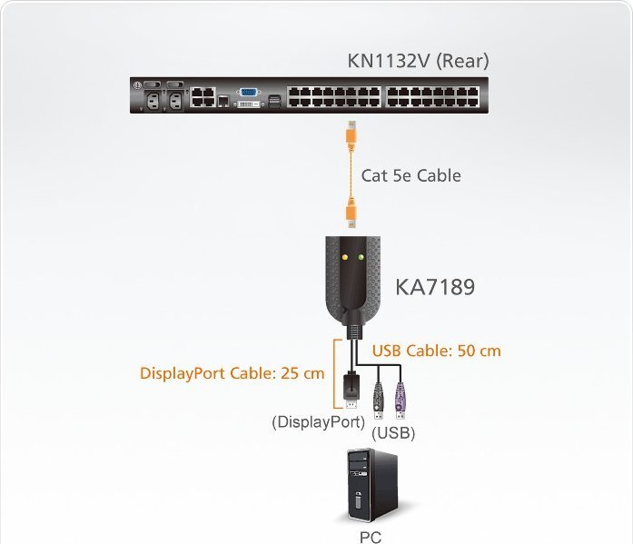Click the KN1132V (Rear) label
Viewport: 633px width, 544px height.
click(418, 61)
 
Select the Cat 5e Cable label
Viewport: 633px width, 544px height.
click(410, 175)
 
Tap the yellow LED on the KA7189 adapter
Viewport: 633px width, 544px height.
click(344, 257)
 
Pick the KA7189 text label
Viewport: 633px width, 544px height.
click(434, 288)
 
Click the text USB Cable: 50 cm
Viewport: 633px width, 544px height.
click(436, 350)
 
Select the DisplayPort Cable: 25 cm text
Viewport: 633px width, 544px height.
click(232, 373)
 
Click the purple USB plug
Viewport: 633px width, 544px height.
click(398, 398)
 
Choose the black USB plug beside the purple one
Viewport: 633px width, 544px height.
click(378, 398)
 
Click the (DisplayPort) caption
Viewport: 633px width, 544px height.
click(319, 421)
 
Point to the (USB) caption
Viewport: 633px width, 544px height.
click(394, 433)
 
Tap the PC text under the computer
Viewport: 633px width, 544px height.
click(371, 537)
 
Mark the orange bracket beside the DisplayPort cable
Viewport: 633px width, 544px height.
click(336, 371)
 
